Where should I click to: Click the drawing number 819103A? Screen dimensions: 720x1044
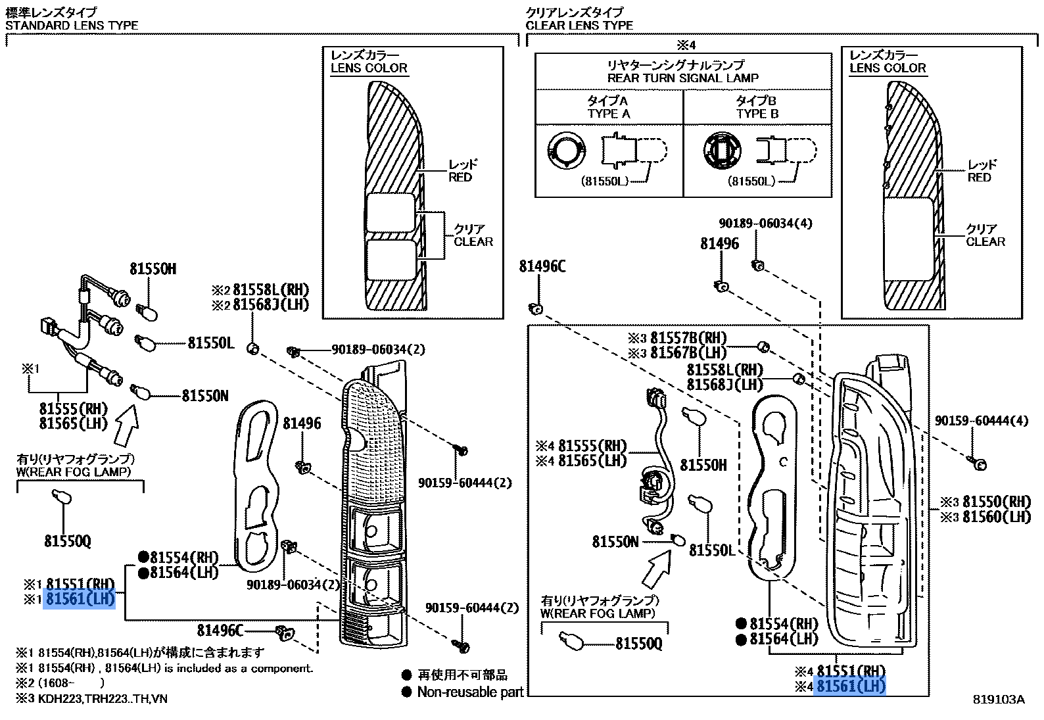point(999,700)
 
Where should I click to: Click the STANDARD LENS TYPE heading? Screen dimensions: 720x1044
point(72,26)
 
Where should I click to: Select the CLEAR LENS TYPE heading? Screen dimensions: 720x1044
point(579,26)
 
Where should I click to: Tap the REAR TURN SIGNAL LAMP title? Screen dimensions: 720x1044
point(683,78)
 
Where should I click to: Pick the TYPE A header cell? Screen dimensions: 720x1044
point(609,107)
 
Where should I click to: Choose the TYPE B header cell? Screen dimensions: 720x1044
point(757,107)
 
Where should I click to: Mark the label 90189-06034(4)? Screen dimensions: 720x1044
point(765,224)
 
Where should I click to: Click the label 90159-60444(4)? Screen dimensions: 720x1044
point(982,421)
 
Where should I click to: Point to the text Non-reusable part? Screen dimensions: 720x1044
point(470,692)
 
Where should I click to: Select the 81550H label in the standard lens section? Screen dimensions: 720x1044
point(153,269)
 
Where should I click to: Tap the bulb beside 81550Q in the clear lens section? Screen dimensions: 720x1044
point(570,640)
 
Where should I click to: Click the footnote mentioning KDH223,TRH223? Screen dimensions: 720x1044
point(92,698)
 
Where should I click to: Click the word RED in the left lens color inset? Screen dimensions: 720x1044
point(460,178)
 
